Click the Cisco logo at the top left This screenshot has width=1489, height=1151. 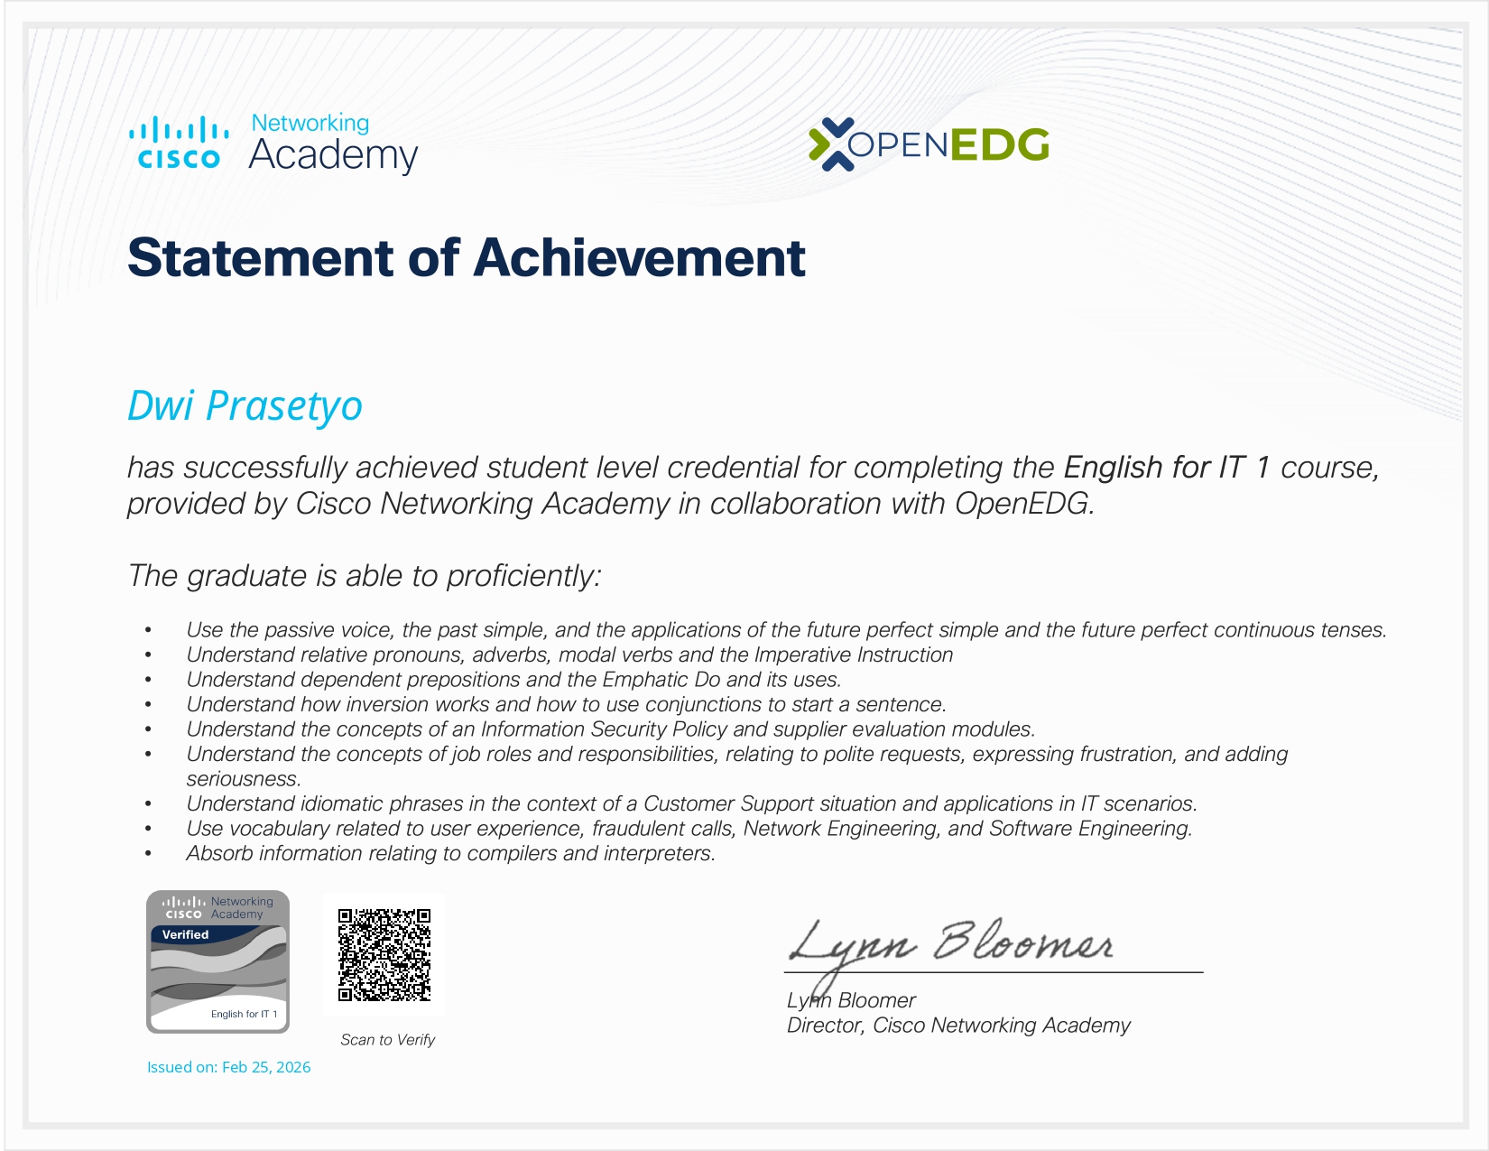[178, 143]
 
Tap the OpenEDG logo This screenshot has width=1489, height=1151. [929, 144]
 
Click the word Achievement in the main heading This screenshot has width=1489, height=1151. [639, 258]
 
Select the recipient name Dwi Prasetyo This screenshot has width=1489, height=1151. [245, 406]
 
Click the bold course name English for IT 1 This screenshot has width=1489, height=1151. [1167, 468]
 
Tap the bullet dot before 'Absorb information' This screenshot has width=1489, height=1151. [148, 854]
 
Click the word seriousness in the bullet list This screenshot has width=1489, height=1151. [243, 779]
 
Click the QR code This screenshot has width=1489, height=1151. [384, 955]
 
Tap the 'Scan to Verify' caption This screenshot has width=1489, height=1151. [388, 1040]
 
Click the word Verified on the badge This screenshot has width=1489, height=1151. [185, 934]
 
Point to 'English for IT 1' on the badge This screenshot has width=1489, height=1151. [244, 1014]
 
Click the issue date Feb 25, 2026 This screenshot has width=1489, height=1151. [266, 1067]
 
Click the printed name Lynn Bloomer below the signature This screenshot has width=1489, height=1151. [851, 1001]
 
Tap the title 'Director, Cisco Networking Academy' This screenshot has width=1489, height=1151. [958, 1026]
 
